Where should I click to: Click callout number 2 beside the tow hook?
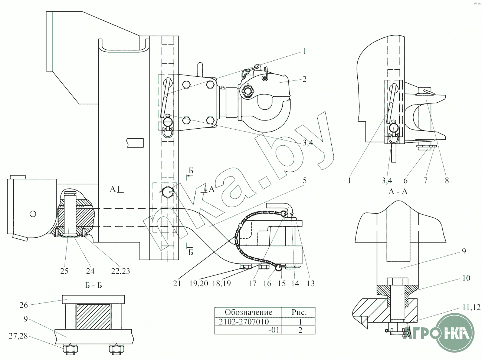click(304, 79)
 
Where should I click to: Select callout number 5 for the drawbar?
click(304, 181)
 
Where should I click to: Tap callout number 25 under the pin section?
click(64, 271)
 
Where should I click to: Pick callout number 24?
click(90, 271)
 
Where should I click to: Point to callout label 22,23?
click(121, 271)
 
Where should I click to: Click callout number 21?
click(177, 283)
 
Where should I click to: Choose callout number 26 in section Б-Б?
click(24, 305)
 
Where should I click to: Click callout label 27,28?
click(18, 336)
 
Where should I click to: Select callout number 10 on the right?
click(466, 278)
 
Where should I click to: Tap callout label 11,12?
click(472, 307)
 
